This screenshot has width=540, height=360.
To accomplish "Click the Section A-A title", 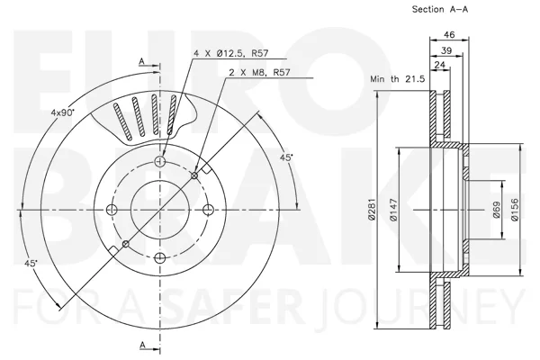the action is coord(440,9).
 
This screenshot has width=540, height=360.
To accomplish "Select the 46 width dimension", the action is coord(449,34).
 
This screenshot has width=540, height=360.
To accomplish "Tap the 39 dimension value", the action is coord(446,50).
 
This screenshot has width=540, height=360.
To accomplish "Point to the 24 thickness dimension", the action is coord(440,65).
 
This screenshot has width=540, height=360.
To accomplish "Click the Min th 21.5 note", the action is coord(398,79).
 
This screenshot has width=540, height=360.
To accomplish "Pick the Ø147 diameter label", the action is coord(393,210).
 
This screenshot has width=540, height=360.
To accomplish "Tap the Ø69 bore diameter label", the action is coord(496,210).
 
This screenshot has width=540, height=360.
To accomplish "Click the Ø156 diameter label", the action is coord(515,210).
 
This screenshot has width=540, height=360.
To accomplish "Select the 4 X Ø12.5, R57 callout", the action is coord(231,53).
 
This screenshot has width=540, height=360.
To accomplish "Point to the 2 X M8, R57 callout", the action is coord(260,72).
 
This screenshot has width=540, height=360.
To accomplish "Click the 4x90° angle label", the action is coord(63,112).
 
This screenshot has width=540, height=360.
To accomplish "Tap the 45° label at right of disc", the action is coord(286,157).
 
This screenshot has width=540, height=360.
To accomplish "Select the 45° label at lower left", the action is coord(31,263).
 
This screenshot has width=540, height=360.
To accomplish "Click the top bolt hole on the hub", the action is coord(160,161).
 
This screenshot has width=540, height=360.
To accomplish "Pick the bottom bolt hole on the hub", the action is coord(160,257).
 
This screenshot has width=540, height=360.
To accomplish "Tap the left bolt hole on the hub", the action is coord(112,210).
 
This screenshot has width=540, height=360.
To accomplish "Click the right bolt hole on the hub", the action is coord(209,210).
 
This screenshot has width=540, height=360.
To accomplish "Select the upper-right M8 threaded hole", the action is coord(194,175).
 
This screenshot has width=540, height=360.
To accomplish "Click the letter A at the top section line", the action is coord(141,61).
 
